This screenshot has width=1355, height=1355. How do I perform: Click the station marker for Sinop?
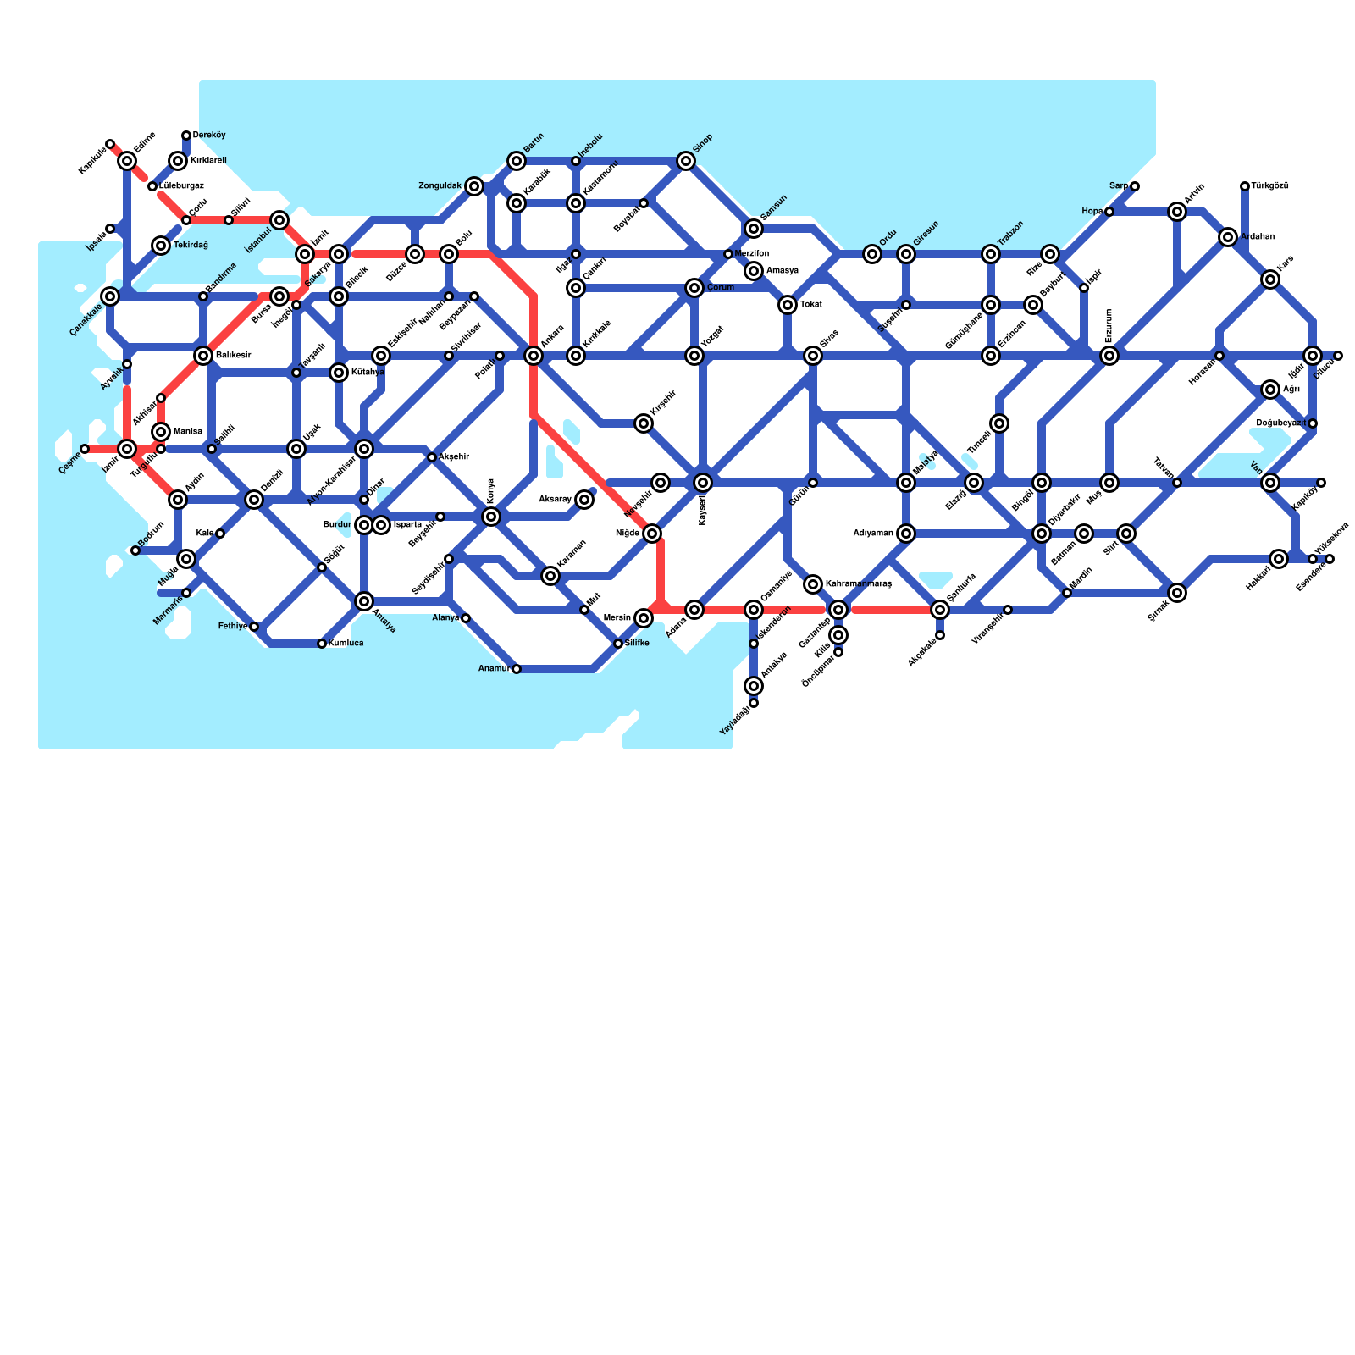click(x=686, y=161)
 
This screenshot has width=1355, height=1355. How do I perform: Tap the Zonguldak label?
click(x=440, y=185)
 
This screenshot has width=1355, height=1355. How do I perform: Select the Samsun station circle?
click(x=754, y=229)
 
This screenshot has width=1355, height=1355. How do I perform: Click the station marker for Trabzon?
click(x=991, y=254)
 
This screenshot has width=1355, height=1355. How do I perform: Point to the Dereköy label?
click(x=209, y=135)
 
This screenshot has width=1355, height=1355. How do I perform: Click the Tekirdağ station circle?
click(x=161, y=246)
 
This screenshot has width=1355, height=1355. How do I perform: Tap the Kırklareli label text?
click(x=208, y=161)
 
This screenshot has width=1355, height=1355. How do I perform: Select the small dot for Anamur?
click(x=517, y=669)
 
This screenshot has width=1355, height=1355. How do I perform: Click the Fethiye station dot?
click(x=254, y=627)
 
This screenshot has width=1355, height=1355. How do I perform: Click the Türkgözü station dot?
click(x=1245, y=186)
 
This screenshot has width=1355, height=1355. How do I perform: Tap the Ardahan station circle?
click(x=1228, y=237)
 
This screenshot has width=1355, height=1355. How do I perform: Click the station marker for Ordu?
click(x=872, y=254)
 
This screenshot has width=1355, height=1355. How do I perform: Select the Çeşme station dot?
click(x=85, y=449)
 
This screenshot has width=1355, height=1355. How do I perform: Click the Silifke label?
click(x=637, y=644)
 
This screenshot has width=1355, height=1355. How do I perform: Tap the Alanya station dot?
click(x=466, y=618)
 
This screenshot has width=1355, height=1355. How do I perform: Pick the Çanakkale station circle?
click(x=110, y=296)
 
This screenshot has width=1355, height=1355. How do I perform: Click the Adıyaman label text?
click(x=873, y=534)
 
